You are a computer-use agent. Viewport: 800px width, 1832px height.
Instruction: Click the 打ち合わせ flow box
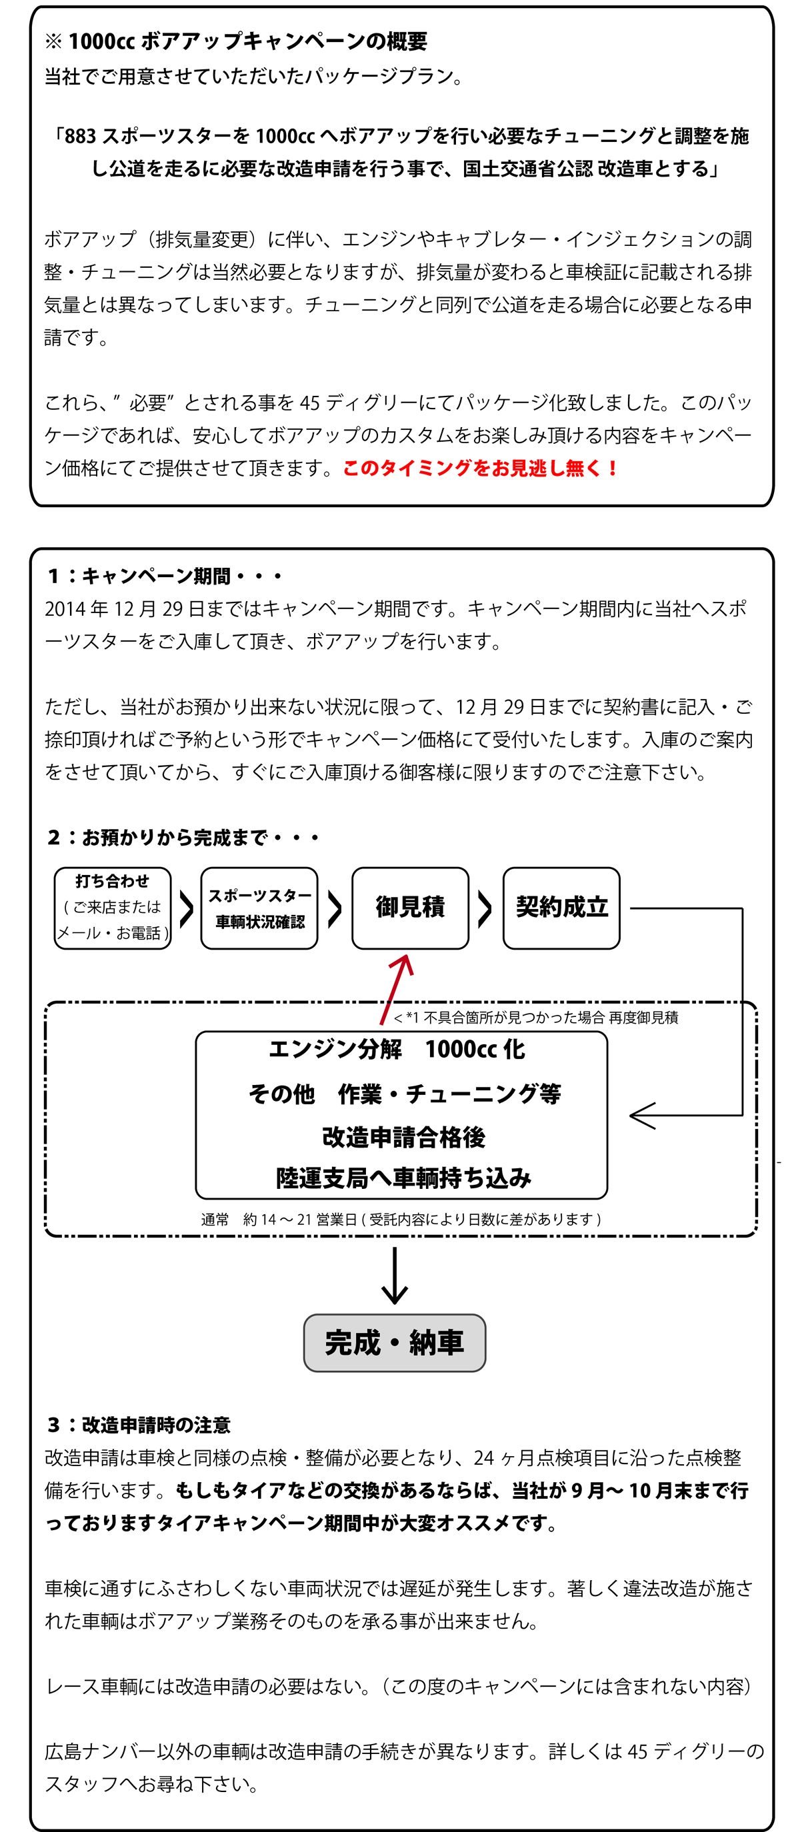point(113,908)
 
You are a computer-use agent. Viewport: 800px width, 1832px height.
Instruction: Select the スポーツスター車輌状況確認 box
point(259,908)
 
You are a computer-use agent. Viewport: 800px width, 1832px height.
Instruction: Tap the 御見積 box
point(410,908)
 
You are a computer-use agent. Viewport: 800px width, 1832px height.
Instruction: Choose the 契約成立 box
point(561,908)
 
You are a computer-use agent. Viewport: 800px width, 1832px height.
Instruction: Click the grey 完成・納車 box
point(394,1343)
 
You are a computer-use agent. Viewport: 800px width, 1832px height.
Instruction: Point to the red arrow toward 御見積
point(397,988)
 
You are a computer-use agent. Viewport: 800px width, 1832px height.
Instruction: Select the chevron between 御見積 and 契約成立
point(485,908)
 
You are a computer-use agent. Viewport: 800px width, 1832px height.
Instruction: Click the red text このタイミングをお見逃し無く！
point(481,468)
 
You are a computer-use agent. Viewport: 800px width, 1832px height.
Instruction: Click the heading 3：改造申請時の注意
point(139,1425)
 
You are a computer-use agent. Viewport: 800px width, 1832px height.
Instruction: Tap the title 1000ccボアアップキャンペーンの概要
point(246,41)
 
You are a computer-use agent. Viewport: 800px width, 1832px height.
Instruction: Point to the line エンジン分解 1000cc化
point(397,1049)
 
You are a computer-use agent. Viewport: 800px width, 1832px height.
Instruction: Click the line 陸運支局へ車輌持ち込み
point(403,1178)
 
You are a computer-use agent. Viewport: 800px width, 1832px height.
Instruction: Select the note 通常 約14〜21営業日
point(400,1219)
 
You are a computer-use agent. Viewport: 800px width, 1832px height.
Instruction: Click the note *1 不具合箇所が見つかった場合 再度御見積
point(535,1017)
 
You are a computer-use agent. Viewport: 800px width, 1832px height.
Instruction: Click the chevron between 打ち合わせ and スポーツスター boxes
point(187,908)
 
